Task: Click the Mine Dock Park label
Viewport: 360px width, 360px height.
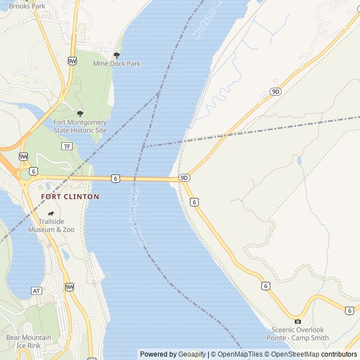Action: click(x=116, y=64)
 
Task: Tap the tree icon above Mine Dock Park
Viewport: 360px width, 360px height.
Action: click(x=116, y=55)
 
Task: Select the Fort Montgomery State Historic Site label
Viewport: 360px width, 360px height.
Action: click(x=80, y=126)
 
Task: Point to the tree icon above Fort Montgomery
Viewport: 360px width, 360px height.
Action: click(x=80, y=114)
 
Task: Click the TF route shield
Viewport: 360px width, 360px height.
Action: click(x=67, y=146)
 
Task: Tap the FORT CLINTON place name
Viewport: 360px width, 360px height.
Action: click(x=70, y=197)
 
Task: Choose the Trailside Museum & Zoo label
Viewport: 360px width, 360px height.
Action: click(x=52, y=226)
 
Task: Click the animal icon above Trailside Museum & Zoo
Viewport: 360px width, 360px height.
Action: click(x=51, y=214)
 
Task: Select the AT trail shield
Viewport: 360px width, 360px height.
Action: click(x=37, y=291)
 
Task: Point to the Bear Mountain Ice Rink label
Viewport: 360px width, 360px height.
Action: click(x=28, y=341)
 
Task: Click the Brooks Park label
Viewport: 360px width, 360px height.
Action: click(x=27, y=6)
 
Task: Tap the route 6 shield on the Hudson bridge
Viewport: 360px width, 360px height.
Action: click(x=115, y=178)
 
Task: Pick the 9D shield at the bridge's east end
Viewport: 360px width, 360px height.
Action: click(x=184, y=178)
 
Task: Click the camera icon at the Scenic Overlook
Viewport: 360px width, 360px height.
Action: click(x=298, y=321)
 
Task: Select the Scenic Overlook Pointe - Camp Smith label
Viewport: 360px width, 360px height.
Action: click(x=298, y=334)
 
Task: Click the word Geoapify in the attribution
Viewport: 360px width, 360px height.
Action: click(x=192, y=354)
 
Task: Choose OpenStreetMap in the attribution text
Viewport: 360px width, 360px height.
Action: click(x=295, y=354)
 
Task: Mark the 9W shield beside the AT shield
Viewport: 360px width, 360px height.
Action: click(x=69, y=287)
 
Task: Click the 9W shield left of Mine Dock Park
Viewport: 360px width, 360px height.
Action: click(x=72, y=61)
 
